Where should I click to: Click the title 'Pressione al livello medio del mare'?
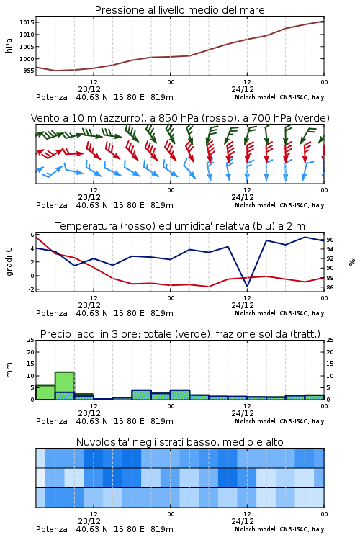tap(179, 10)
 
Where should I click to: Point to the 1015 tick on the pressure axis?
tap(27, 22)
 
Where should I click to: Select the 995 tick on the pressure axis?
tap(28, 71)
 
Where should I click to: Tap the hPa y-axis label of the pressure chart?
tap(9, 45)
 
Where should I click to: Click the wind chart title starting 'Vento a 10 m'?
tap(180, 118)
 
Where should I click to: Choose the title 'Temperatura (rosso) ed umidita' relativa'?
tap(180, 226)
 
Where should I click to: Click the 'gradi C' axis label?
tap(9, 262)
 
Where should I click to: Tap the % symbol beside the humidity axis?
tap(352, 262)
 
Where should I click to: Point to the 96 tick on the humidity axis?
tap(330, 240)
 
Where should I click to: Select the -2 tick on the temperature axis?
tap(32, 289)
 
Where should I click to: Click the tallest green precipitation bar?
tap(65, 386)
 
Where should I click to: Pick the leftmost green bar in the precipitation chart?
tap(45, 392)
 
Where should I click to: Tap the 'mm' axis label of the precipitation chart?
tap(9, 370)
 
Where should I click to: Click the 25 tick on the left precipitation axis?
tap(31, 340)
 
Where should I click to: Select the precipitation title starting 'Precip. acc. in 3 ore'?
tap(180, 334)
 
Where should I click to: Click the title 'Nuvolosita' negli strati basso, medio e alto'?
tap(179, 442)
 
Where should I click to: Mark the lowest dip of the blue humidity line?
tap(247, 286)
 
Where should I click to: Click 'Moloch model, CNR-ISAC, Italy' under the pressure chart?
tap(279, 97)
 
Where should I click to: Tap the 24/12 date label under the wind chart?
tap(243, 198)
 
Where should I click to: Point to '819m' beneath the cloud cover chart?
tap(162, 529)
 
